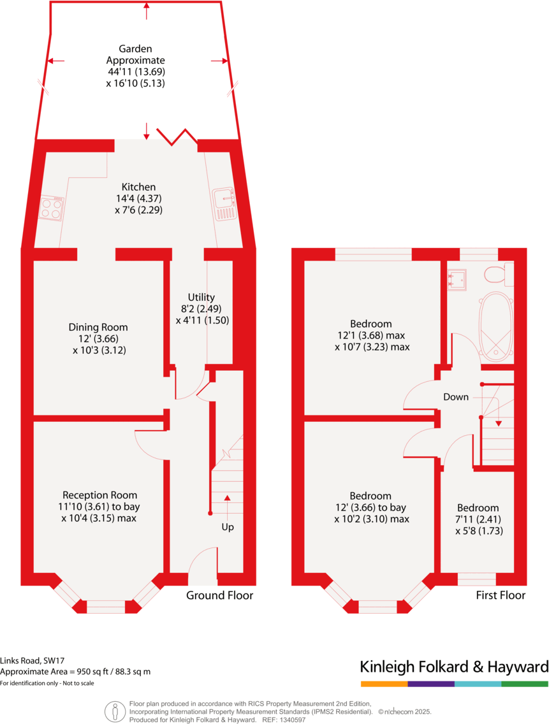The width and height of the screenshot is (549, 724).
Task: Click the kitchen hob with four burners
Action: coord(52,208)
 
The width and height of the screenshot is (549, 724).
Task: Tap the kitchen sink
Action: coord(225,203)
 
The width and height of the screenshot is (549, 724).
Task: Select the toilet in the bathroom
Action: coord(495,274)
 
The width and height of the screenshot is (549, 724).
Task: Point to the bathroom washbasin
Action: coord(457,279)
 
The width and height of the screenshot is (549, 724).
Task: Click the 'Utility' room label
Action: coord(201,297)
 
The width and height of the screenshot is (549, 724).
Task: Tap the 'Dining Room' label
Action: coord(103,328)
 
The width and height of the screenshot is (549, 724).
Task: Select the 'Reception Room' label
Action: coord(99,495)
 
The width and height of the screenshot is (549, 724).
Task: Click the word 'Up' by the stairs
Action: coord(228,528)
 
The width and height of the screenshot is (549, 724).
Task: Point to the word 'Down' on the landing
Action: coord(456,397)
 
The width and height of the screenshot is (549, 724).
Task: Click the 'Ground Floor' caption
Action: coord(219,595)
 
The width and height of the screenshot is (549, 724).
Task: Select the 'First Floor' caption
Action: coord(501,595)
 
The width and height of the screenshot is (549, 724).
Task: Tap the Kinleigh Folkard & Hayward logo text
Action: coord(454,667)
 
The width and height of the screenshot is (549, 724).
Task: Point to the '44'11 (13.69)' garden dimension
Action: coord(136,71)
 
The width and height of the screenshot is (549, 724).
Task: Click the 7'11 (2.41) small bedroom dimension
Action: coord(478,519)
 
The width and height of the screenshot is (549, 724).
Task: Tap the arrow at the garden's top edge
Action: coord(147,9)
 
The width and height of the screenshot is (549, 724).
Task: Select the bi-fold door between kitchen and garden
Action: coord(176,134)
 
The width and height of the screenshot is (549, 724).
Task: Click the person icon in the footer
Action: coord(115,710)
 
